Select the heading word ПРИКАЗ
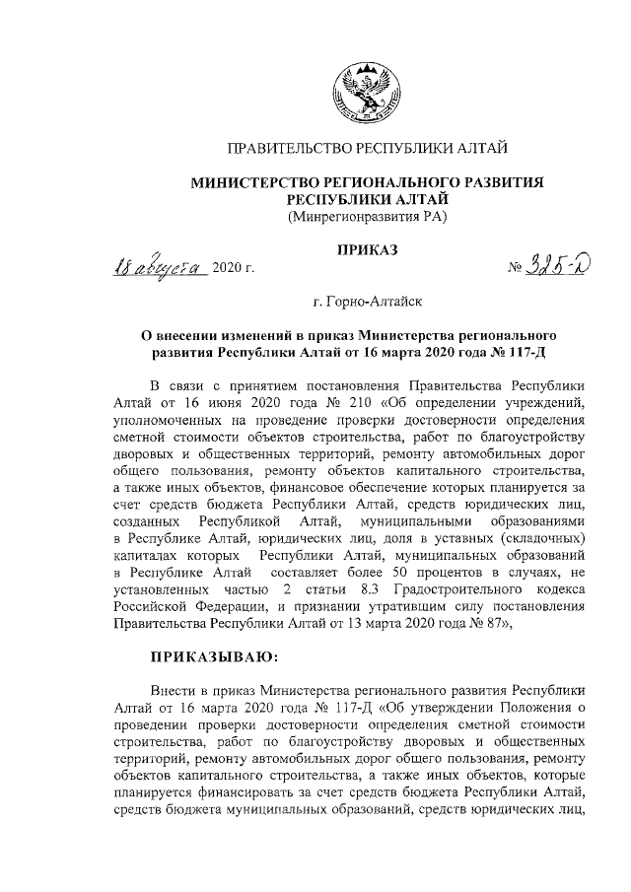pos(367,252)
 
